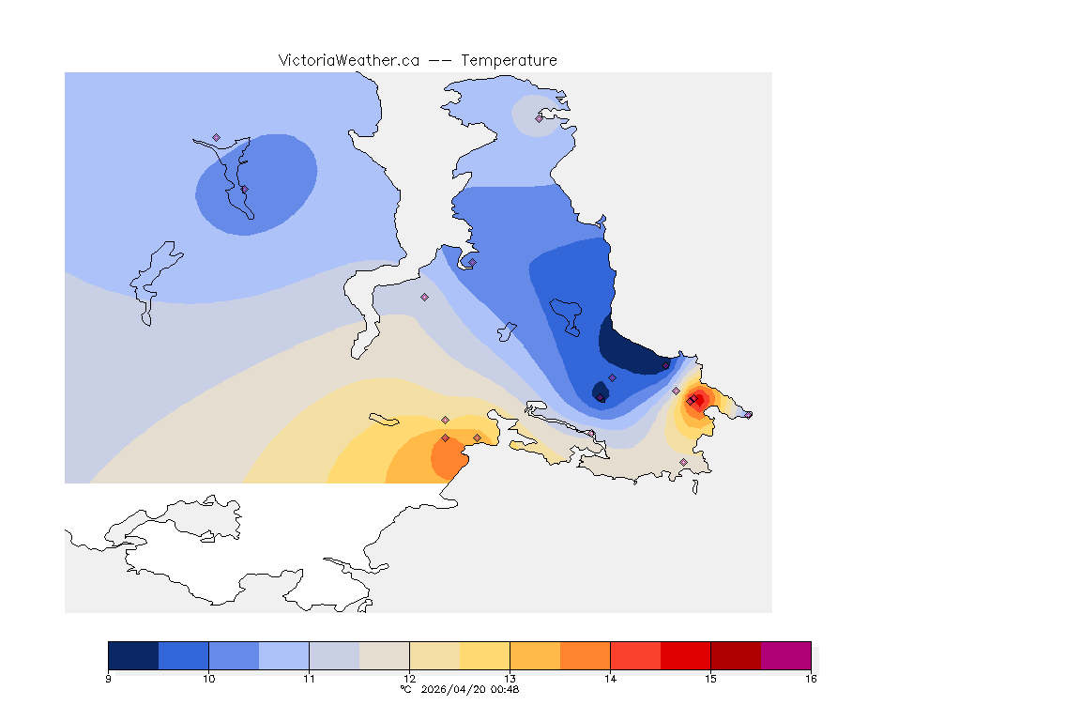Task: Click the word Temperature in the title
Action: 510,60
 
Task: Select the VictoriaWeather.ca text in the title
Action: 348,60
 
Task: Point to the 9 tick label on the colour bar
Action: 109,678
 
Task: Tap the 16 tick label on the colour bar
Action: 810,678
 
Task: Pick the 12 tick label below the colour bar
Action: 409,678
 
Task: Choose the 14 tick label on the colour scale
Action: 610,678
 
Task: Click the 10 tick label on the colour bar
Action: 208,678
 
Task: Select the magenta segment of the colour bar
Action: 785,655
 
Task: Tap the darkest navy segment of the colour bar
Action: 133,655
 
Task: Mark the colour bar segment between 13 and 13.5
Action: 535,655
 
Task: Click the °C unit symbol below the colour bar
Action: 405,689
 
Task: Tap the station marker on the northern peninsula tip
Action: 539,118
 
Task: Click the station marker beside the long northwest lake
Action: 216,137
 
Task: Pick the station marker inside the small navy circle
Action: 601,397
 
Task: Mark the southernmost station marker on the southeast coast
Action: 683,462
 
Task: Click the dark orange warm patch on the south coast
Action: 449,457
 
